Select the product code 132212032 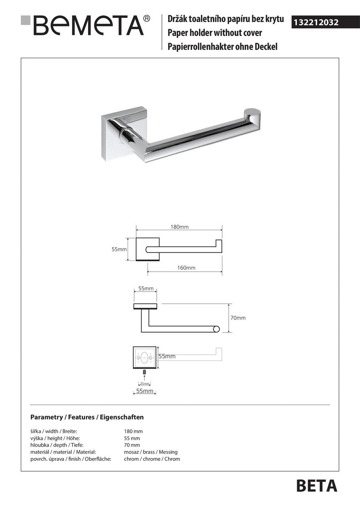point(316,23)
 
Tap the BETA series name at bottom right point(316,486)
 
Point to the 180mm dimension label point(179,227)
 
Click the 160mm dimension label point(186,268)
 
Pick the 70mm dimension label point(238,318)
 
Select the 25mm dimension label point(144,384)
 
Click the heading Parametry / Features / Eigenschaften point(87,417)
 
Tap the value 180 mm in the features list point(133,431)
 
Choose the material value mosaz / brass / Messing point(151,452)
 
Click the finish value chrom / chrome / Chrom point(152,459)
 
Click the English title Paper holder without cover point(215,33)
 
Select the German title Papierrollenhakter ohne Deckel point(222,47)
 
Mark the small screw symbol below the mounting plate point(144,372)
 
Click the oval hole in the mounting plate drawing point(145,358)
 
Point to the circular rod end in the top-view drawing point(216,329)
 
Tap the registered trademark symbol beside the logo point(147,18)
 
